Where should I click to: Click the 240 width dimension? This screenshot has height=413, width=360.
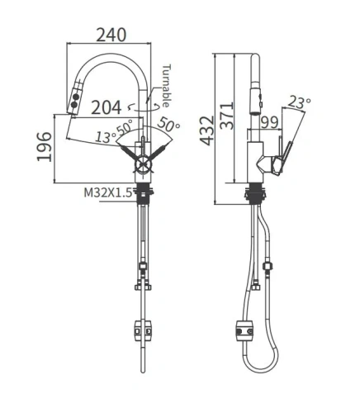(110, 35)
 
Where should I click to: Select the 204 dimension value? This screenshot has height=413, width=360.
(107, 107)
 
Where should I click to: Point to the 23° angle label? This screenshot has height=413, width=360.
(299, 102)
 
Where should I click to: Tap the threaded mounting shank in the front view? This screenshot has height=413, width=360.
(146, 195)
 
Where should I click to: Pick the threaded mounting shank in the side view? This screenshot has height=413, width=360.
(254, 195)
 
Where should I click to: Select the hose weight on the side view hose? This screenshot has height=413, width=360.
(244, 330)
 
